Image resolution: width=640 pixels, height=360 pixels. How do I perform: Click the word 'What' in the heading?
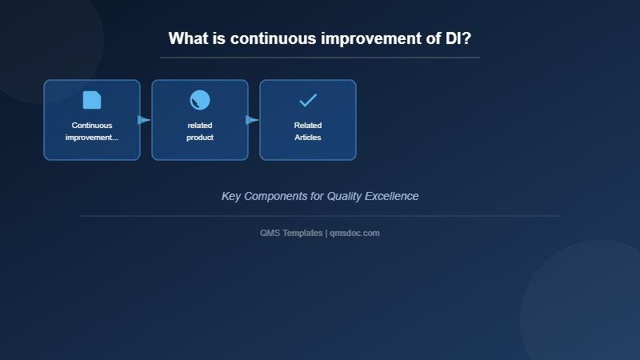coord(189,38)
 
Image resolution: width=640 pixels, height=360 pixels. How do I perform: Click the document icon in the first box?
coord(92,100)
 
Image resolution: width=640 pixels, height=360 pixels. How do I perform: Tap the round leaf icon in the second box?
coord(200,100)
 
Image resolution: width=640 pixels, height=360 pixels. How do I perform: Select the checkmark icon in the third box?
coord(308,100)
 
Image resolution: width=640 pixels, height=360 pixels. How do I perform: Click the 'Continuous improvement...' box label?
coord(92,131)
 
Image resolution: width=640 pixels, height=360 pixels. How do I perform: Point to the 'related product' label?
coord(200,131)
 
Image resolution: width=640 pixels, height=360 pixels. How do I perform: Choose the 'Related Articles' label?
coord(308,131)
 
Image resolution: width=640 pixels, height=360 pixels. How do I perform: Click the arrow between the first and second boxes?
coord(144,120)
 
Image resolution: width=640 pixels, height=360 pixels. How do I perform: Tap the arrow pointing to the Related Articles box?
coord(252,120)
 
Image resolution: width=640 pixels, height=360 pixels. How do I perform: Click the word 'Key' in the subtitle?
coord(231,196)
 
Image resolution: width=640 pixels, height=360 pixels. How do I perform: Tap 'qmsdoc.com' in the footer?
coord(354,233)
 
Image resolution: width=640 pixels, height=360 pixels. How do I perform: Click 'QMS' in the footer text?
coord(270,233)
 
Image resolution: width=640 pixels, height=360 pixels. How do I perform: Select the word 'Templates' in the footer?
coord(303,233)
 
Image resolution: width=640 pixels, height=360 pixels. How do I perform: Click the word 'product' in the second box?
coord(200,138)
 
